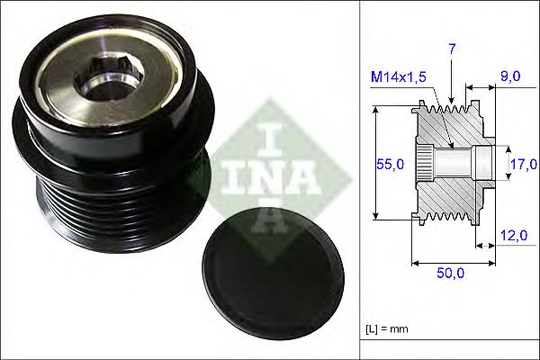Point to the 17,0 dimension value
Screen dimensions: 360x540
pos(523,164)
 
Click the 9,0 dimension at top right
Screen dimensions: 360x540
pos(510,77)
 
